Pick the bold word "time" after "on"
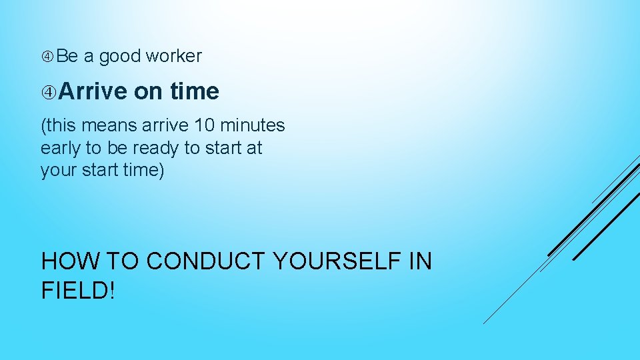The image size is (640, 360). coord(194,91)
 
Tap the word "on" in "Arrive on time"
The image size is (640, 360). coord(148,91)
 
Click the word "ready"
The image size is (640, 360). coord(148,148)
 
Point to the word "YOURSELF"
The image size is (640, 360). coord(337,261)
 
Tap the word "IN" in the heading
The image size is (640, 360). coord(420,261)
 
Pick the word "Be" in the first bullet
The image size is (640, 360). coord(67,57)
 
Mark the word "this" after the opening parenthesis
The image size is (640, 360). coord(60,125)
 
